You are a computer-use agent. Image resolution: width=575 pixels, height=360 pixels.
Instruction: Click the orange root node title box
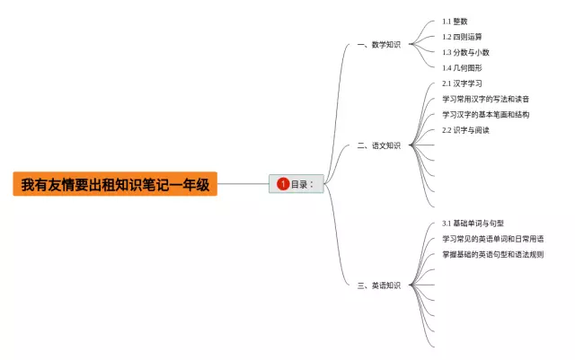coord(115,185)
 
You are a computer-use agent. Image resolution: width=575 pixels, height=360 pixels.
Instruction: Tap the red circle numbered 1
coord(283,184)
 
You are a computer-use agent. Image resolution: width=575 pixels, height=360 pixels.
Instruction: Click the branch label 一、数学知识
coord(378,44)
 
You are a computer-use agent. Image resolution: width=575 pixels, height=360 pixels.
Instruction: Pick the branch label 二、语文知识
coord(378,145)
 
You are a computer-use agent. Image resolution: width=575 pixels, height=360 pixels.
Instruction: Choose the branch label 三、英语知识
coord(378,285)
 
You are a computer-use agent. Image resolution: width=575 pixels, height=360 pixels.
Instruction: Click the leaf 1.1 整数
coord(455,21)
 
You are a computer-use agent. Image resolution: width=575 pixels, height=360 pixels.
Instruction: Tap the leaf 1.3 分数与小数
coord(465,52)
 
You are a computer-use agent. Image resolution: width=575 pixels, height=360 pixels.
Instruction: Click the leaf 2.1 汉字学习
coord(462,83)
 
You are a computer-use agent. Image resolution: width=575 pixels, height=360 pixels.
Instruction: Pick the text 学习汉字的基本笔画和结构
coord(486,115)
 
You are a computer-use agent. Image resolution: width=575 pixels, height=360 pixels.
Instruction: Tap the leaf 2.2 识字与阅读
coord(465,130)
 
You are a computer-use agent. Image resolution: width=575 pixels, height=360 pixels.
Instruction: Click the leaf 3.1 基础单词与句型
coord(473,223)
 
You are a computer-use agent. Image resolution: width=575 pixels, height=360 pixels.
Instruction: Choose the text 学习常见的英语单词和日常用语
coord(492,239)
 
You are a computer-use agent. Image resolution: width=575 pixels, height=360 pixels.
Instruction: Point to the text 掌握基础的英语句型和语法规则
coord(492,254)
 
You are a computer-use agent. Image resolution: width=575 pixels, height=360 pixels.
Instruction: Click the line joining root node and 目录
coord(243,185)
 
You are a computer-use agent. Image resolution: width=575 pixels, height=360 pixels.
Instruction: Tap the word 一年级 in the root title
coord(191,185)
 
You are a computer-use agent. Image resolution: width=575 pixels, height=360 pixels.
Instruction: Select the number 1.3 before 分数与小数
coord(447,52)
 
